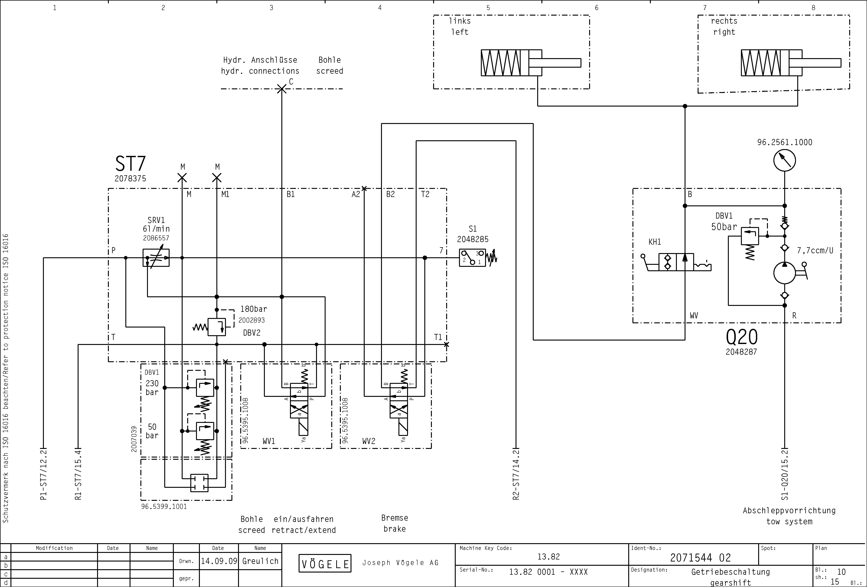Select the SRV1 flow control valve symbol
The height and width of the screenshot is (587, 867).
pos(156,257)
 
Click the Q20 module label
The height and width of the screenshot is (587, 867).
pos(742,337)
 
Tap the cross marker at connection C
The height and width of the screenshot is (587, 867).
pos(282,89)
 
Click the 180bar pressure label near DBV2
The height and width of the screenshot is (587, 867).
pos(254,309)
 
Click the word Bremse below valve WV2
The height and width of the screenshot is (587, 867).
pos(395,518)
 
